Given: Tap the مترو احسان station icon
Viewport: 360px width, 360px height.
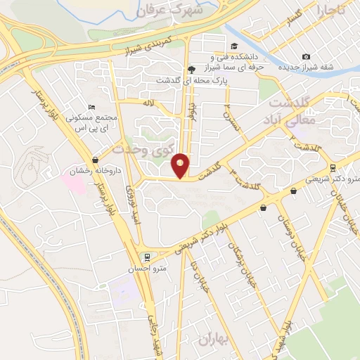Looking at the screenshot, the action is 148,257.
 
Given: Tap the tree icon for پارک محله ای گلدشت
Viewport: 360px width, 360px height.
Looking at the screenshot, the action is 191,69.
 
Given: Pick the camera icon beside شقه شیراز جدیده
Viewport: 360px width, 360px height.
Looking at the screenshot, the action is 305,57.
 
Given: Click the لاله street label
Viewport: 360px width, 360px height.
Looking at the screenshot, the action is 148,103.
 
